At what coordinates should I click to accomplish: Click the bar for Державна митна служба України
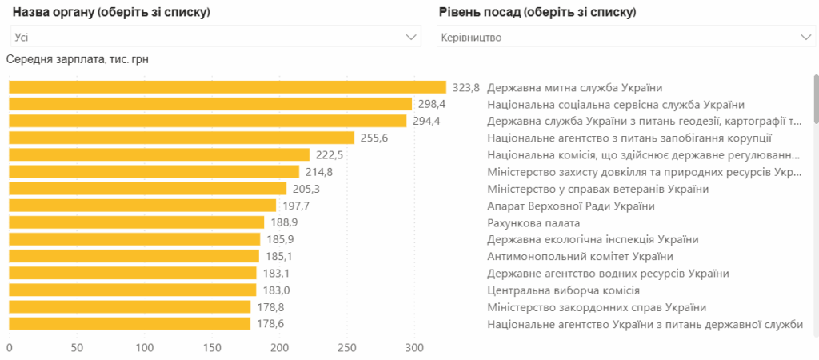click(227, 87)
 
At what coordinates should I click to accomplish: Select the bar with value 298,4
click(210, 104)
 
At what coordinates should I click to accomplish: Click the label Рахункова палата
click(533, 222)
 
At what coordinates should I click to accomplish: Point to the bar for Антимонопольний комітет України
click(134, 256)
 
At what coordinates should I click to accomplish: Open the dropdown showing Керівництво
click(625, 37)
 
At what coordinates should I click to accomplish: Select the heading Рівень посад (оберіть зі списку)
click(537, 13)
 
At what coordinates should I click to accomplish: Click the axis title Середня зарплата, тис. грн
click(78, 59)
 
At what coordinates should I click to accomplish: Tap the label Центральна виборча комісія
click(562, 290)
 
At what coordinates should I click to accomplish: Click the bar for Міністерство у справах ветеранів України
click(147, 189)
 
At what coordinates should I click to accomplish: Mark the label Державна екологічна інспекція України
click(593, 239)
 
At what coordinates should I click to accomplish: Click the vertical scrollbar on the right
click(816, 100)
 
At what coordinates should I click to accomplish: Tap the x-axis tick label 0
click(9, 348)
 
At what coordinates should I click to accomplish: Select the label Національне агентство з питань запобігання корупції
click(629, 138)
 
